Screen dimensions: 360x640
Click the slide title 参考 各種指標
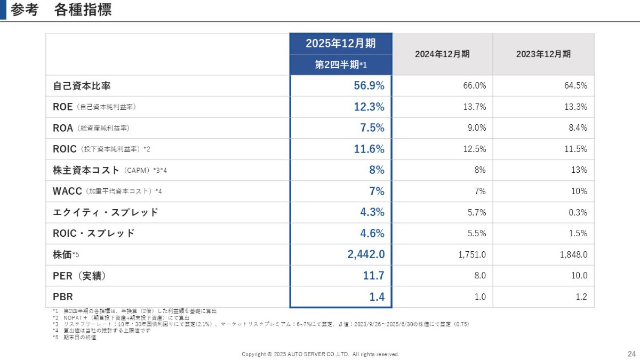(61, 10)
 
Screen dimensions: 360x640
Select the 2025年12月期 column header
(340, 44)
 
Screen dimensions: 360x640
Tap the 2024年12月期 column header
(442, 54)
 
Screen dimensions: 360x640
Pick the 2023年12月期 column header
(543, 54)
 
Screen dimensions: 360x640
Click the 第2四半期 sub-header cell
(340, 65)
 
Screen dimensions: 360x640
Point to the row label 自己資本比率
(82, 85)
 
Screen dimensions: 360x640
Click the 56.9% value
(369, 85)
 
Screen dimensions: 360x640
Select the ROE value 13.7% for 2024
(475, 107)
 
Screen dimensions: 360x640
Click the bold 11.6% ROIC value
(369, 149)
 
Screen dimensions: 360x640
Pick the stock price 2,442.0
(366, 254)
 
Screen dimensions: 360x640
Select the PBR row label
(63, 297)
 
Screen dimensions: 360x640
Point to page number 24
(631, 354)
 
